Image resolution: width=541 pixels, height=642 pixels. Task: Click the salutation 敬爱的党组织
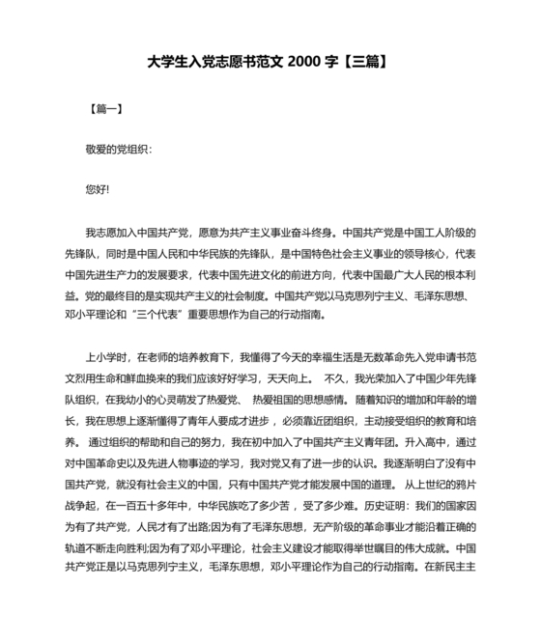(x=118, y=150)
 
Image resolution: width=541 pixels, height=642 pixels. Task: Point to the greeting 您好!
(x=98, y=189)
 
